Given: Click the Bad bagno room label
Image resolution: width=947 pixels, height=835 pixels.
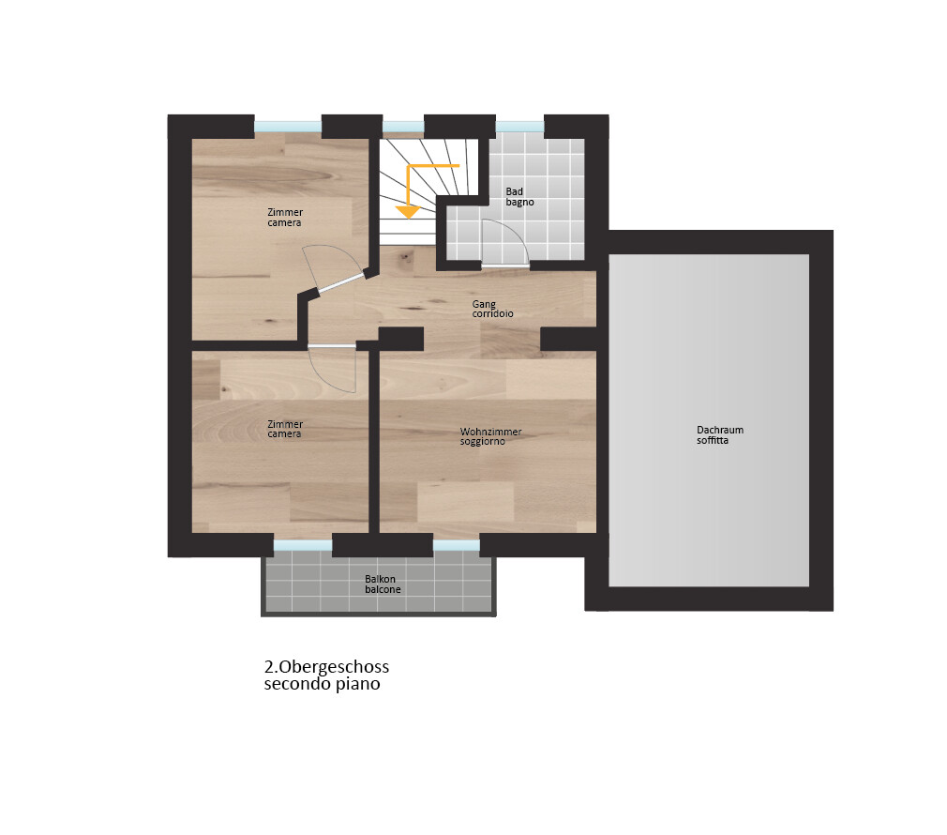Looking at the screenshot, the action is pyautogui.click(x=520, y=197).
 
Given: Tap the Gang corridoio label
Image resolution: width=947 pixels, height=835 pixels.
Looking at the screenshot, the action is pyautogui.click(x=493, y=309).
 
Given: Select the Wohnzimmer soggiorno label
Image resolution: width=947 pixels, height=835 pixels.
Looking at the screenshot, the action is pyautogui.click(x=490, y=436).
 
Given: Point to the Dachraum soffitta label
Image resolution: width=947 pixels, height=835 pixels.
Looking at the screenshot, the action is pyautogui.click(x=720, y=435).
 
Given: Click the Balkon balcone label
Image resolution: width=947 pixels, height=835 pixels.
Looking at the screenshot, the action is pyautogui.click(x=383, y=584).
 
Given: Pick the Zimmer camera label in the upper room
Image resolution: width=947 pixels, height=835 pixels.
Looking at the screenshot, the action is pyautogui.click(x=285, y=218).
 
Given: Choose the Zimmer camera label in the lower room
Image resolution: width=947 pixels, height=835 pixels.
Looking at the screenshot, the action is pyautogui.click(x=285, y=429).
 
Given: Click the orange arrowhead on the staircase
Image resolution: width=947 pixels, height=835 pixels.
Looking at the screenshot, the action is pyautogui.click(x=408, y=212).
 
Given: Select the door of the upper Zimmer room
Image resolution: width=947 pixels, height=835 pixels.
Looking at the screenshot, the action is pyautogui.click(x=340, y=283).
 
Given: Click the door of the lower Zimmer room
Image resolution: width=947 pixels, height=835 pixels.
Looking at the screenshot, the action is pyautogui.click(x=332, y=346).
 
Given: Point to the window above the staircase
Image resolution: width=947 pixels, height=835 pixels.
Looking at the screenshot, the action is pyautogui.click(x=403, y=127).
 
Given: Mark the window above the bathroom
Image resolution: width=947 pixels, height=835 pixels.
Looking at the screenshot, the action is pyautogui.click(x=520, y=127).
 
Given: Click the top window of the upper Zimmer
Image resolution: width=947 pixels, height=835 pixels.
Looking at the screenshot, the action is pyautogui.click(x=288, y=127).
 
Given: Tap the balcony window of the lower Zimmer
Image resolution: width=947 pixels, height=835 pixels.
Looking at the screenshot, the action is pyautogui.click(x=303, y=546).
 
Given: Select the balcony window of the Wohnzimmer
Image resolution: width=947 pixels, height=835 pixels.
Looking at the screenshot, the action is pyautogui.click(x=457, y=546).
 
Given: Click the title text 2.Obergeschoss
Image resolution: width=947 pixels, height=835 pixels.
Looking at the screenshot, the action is pyautogui.click(x=326, y=667).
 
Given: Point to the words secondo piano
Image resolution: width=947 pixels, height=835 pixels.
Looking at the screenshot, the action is pyautogui.click(x=322, y=685).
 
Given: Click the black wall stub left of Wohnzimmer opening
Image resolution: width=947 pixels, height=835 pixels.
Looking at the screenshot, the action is pyautogui.click(x=401, y=339).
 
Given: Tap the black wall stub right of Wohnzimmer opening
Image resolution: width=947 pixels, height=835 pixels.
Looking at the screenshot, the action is pyautogui.click(x=568, y=339).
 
